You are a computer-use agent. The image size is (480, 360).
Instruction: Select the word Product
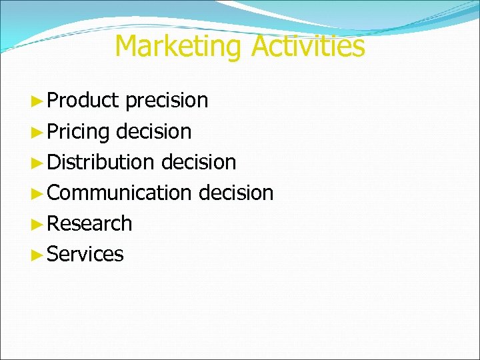[83, 101]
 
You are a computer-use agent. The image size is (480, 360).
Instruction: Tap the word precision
[167, 101]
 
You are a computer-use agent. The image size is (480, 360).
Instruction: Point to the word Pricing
[78, 132]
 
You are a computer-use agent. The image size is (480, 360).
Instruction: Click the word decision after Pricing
[153, 131]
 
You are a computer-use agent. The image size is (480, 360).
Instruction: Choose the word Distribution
[101, 162]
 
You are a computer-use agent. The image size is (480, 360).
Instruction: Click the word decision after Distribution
[198, 162]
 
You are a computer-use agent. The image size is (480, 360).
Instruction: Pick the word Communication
[119, 193]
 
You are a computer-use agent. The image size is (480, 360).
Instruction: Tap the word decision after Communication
[236, 193]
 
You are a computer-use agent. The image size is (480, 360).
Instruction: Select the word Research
[90, 223]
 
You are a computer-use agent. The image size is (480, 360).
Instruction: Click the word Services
[85, 254]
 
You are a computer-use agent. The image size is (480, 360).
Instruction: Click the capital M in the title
[127, 47]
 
